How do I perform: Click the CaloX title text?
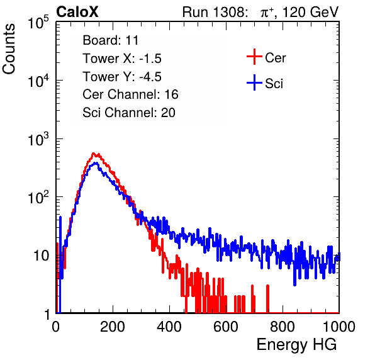(x=77, y=12)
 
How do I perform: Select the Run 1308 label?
(x=214, y=12)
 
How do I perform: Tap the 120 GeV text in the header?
(x=310, y=12)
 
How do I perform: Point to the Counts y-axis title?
(x=9, y=49)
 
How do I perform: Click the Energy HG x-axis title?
(x=296, y=345)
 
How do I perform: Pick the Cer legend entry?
(x=266, y=57)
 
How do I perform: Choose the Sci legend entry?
(x=265, y=83)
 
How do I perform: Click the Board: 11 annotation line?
(x=111, y=40)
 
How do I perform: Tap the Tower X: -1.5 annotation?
(x=122, y=59)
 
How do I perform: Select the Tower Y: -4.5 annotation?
(x=122, y=77)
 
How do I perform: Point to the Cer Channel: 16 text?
(x=130, y=94)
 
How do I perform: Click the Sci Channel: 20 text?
(x=129, y=113)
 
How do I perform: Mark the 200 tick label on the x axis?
(x=113, y=327)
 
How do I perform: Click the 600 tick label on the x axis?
(x=226, y=327)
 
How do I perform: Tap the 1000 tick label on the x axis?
(x=339, y=327)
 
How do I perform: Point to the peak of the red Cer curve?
(x=94, y=153)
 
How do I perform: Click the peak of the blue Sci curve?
(x=96, y=163)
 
